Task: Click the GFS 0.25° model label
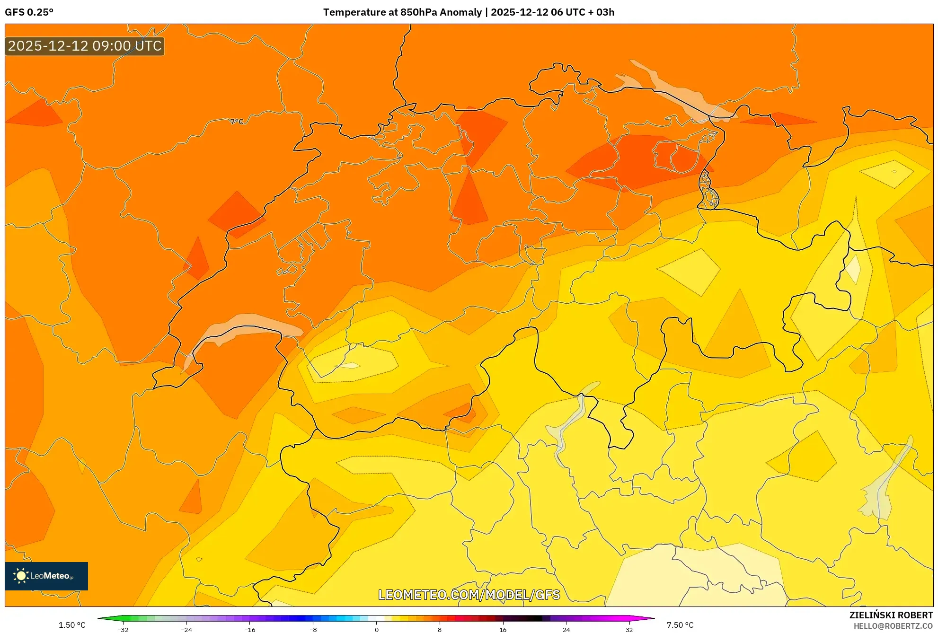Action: coord(29,12)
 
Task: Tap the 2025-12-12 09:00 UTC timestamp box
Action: coord(85,46)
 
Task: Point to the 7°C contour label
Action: coord(237,122)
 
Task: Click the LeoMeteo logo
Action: coord(46,576)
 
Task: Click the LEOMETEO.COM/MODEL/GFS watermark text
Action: coord(469,595)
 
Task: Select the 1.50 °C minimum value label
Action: coord(72,625)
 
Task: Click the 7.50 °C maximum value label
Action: coord(680,625)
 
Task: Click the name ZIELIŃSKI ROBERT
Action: coord(891,615)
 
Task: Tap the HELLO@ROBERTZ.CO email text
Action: coord(893,626)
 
